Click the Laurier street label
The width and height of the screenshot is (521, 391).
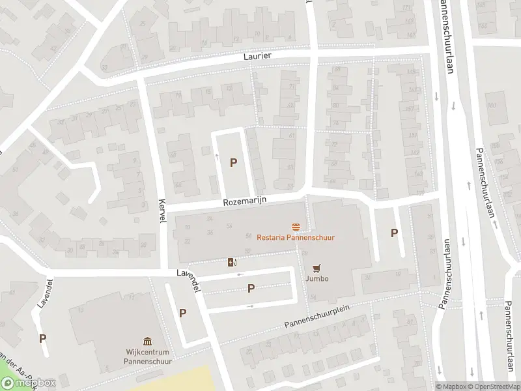[258, 57]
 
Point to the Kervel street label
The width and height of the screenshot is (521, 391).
[162, 211]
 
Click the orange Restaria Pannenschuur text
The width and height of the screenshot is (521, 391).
[296, 238]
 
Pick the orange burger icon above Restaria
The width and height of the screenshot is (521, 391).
[296, 227]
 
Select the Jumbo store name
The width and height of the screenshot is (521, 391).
[317, 279]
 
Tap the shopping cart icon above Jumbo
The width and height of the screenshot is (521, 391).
[317, 268]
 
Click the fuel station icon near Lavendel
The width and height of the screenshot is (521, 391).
[232, 263]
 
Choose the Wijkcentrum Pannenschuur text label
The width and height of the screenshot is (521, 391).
[147, 356]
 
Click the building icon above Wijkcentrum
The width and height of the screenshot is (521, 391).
[147, 341]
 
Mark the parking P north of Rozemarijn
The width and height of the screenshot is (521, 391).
[233, 163]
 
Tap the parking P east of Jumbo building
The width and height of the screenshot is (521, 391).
[393, 233]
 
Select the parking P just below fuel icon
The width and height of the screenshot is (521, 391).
[251, 288]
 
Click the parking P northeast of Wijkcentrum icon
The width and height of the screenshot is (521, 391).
[183, 313]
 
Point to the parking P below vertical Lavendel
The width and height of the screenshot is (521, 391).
[43, 338]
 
